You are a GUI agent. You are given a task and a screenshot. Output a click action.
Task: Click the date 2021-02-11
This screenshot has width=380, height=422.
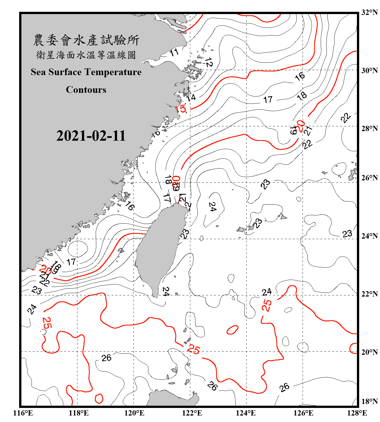pyautogui.click(x=91, y=136)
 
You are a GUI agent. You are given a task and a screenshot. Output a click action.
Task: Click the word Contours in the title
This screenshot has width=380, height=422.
pyautogui.click(x=86, y=90)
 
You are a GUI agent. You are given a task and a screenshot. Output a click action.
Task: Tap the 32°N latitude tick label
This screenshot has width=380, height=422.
pyautogui.click(x=369, y=12)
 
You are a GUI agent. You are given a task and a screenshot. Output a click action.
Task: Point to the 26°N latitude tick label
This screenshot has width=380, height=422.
pyautogui.click(x=369, y=178)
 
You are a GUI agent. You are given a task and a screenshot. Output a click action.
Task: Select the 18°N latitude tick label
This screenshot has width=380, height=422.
pyautogui.click(x=369, y=401)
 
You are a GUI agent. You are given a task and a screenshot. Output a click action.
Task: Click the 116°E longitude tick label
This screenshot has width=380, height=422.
pyautogui.click(x=23, y=413)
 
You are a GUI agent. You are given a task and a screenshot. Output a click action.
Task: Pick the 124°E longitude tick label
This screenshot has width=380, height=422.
pyautogui.click(x=246, y=413)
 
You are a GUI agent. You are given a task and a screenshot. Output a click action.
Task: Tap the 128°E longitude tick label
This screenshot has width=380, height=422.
pyautogui.click(x=357, y=413)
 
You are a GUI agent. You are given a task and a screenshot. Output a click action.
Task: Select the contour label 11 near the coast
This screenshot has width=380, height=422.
pyautogui.click(x=174, y=52)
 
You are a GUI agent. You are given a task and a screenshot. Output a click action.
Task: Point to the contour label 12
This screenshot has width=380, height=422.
pyautogui.click(x=209, y=62)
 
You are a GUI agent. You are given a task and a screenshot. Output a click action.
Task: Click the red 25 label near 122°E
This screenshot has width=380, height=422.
pyautogui.click(x=193, y=349)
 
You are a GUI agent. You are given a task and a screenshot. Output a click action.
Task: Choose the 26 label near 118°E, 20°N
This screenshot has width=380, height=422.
pyautogui.click(x=106, y=358)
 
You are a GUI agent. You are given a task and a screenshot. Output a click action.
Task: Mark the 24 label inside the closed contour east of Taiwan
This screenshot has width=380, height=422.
pyautogui.click(x=213, y=207)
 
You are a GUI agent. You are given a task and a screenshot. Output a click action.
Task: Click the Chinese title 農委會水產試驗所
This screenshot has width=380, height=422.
pyautogui.click(x=86, y=40)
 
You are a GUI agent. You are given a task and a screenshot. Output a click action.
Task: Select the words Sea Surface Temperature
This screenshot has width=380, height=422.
pyautogui.click(x=86, y=72)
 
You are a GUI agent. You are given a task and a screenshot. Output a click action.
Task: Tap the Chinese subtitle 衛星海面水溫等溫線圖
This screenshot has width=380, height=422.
pyautogui.click(x=86, y=55)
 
